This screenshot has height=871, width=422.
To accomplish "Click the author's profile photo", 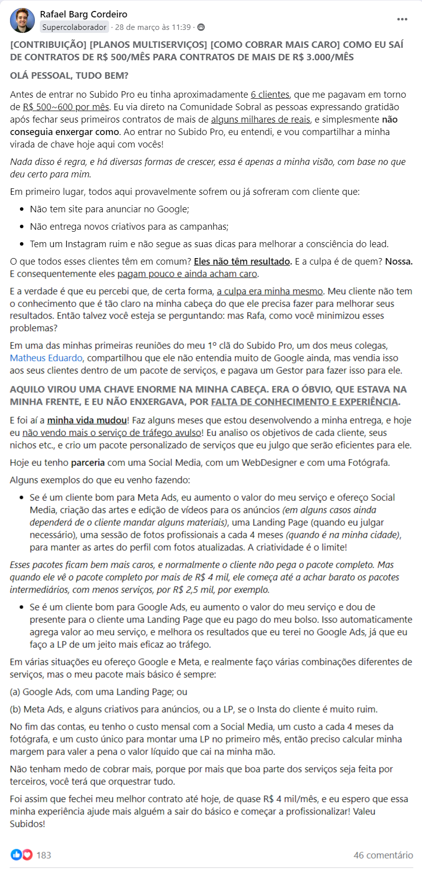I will tap(22, 20).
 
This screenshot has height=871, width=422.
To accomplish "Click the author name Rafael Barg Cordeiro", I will tap(83, 14).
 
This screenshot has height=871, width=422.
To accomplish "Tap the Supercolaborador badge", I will tap(74, 27).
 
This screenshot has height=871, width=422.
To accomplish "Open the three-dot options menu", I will tap(402, 19).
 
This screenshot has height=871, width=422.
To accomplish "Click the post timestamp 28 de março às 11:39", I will tap(152, 27).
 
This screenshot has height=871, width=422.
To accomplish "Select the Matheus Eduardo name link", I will tap(46, 358).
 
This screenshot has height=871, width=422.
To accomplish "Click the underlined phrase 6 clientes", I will tap(270, 94).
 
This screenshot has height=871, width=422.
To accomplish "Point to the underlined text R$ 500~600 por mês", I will tap(66, 107).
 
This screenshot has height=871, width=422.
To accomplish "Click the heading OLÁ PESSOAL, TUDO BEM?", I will tap(69, 76).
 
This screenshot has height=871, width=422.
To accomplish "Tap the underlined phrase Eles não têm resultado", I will tap(242, 261).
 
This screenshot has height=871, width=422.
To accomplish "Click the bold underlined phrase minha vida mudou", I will tap(87, 420).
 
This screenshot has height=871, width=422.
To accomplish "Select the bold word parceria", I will tap(88, 462).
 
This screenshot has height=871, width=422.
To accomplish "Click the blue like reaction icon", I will tap(16, 855).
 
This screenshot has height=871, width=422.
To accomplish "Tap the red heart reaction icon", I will tap(27, 855).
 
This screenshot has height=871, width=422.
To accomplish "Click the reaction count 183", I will tap(44, 855).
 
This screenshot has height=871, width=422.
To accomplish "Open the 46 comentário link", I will tap(383, 855).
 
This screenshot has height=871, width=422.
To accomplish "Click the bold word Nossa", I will tap(399, 261).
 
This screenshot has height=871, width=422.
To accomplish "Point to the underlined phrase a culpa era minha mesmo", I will tap(270, 291).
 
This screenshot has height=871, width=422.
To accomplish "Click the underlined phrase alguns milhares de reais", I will tap(261, 119).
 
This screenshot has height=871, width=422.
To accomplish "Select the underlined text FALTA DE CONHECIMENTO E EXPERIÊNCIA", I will tap(304, 402).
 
